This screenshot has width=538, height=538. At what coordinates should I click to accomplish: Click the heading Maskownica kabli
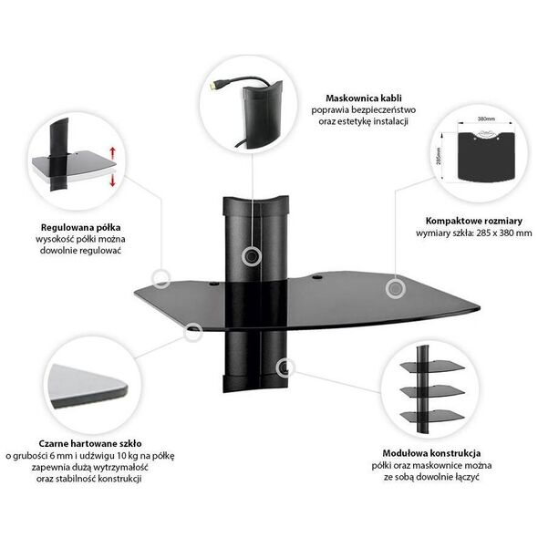(363, 98)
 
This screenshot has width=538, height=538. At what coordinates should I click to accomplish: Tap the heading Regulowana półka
(80, 227)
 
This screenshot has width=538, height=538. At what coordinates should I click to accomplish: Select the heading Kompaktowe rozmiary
(474, 221)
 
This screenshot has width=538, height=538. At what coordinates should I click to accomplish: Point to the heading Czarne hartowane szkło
(90, 443)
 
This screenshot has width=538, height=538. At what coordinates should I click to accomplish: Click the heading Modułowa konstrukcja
(431, 453)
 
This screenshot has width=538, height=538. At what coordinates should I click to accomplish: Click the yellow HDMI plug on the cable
(214, 86)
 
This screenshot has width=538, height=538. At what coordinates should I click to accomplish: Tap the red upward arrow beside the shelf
(113, 152)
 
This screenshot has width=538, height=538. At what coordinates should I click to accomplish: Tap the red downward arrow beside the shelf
(112, 181)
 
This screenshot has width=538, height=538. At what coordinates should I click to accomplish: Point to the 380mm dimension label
(486, 119)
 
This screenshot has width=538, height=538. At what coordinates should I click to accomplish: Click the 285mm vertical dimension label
(439, 156)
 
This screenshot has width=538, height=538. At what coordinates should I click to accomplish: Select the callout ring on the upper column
(252, 256)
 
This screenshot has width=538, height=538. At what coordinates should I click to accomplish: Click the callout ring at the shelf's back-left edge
(160, 279)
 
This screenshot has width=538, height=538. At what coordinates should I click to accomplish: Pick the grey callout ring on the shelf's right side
(395, 288)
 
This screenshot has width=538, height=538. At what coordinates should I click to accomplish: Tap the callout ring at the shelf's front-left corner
(192, 332)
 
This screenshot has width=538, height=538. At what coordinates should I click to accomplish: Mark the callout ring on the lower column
(285, 367)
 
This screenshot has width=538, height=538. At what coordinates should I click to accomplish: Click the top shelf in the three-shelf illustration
(433, 366)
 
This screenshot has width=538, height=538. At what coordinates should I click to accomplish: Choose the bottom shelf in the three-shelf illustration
(432, 416)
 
